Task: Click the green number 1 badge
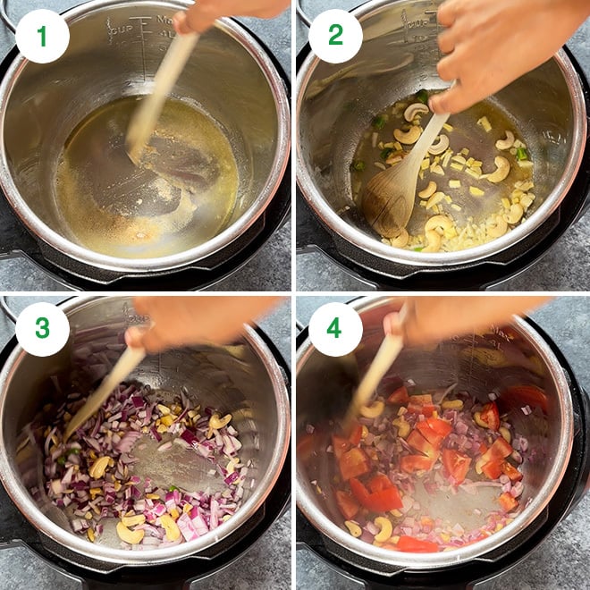coord(42,36)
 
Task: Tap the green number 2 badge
coord(335,36)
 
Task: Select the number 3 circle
coord(42,329)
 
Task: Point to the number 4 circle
coord(335,329)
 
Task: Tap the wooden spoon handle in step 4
coord(375,375)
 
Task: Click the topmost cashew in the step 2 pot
coord(416,112)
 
